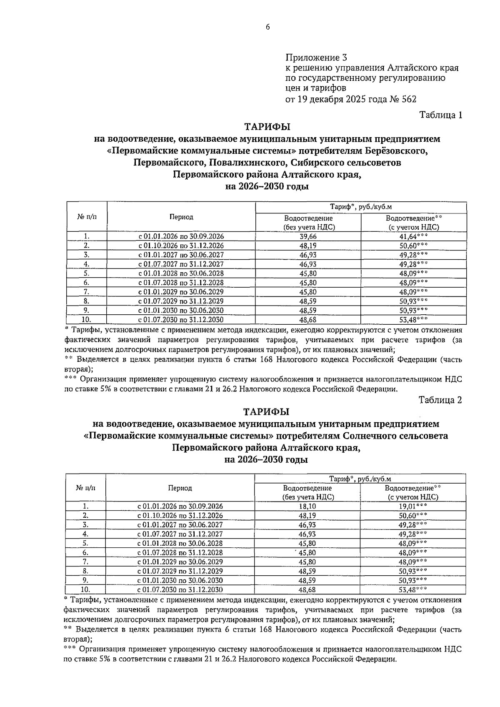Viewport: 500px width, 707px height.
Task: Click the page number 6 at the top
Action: tap(267, 27)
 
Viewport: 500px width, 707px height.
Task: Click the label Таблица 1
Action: tap(441, 115)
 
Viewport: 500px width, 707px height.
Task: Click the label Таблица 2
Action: tap(440, 400)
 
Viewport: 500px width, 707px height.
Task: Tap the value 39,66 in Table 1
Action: tap(308, 236)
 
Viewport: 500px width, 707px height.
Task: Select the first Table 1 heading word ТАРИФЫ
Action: tap(267, 127)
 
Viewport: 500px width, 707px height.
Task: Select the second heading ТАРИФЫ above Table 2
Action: tap(267, 412)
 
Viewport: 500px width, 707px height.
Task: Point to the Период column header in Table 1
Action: tap(181, 217)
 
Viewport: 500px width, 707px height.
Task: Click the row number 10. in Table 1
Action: tap(86, 320)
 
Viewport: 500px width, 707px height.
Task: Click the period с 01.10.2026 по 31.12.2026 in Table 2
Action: tap(180, 516)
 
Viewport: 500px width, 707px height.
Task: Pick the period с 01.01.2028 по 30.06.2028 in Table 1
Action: tap(181, 273)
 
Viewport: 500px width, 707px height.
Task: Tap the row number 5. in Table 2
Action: tap(85, 543)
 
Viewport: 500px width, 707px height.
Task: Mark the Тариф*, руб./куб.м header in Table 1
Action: tap(361, 207)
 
